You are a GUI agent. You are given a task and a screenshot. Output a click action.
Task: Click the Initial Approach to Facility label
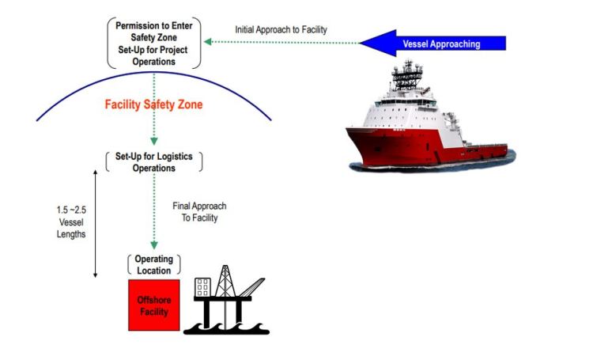pyautogui.click(x=281, y=30)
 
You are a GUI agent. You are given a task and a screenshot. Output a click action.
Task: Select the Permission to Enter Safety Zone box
pyautogui.click(x=153, y=41)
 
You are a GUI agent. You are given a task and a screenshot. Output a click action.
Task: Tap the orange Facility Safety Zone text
pyautogui.click(x=154, y=104)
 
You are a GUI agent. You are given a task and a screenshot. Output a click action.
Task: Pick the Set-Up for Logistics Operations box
pyautogui.click(x=154, y=162)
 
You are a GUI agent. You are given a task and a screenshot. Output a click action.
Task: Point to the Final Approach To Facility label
pyautogui.click(x=195, y=212)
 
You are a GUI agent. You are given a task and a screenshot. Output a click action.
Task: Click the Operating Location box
pyautogui.click(x=153, y=265)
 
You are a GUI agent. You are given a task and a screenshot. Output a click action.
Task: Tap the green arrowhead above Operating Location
pyautogui.click(x=154, y=246)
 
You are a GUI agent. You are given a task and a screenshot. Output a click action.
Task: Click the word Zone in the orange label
pyautogui.click(x=187, y=104)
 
